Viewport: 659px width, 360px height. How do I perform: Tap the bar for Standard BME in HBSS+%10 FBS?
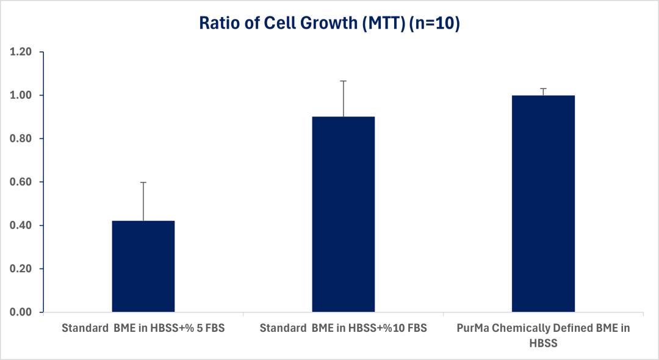tap(344, 214)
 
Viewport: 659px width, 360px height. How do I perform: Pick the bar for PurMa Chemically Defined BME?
tap(543, 204)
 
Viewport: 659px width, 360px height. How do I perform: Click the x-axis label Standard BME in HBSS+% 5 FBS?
tap(143, 328)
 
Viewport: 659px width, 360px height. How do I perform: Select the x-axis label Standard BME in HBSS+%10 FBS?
tap(344, 328)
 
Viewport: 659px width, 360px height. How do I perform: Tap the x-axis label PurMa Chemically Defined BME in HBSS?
tap(543, 335)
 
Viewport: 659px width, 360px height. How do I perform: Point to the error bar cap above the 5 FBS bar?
tap(143, 182)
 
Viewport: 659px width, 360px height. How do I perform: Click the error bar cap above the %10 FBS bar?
tap(344, 81)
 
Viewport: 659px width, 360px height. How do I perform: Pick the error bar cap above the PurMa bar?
tap(543, 88)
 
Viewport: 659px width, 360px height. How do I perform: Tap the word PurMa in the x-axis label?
tap(474, 328)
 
